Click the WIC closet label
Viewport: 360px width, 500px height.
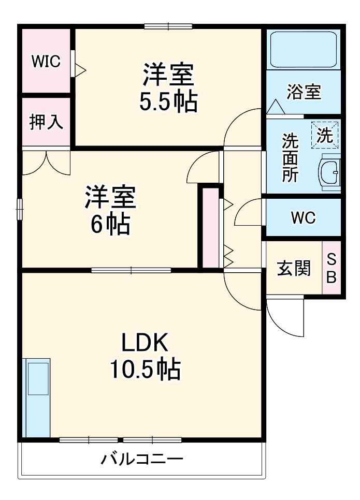coord(46,61)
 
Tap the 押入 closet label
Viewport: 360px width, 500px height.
coord(46,122)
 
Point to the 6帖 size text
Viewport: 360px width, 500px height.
coord(110,224)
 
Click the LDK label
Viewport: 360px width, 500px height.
coord(145,342)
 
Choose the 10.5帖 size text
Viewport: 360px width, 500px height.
coord(145,370)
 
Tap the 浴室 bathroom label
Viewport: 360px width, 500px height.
coord(304,92)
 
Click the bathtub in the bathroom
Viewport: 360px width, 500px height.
coord(303,49)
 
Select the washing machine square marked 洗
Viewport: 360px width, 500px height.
coord(325,135)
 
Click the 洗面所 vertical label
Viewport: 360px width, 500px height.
coord(289,157)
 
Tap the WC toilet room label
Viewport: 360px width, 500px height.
coord(303,218)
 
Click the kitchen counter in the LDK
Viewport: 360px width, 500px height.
coord(37,396)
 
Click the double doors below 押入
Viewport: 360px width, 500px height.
coord(46,161)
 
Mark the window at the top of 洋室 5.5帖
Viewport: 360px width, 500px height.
coord(168,26)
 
